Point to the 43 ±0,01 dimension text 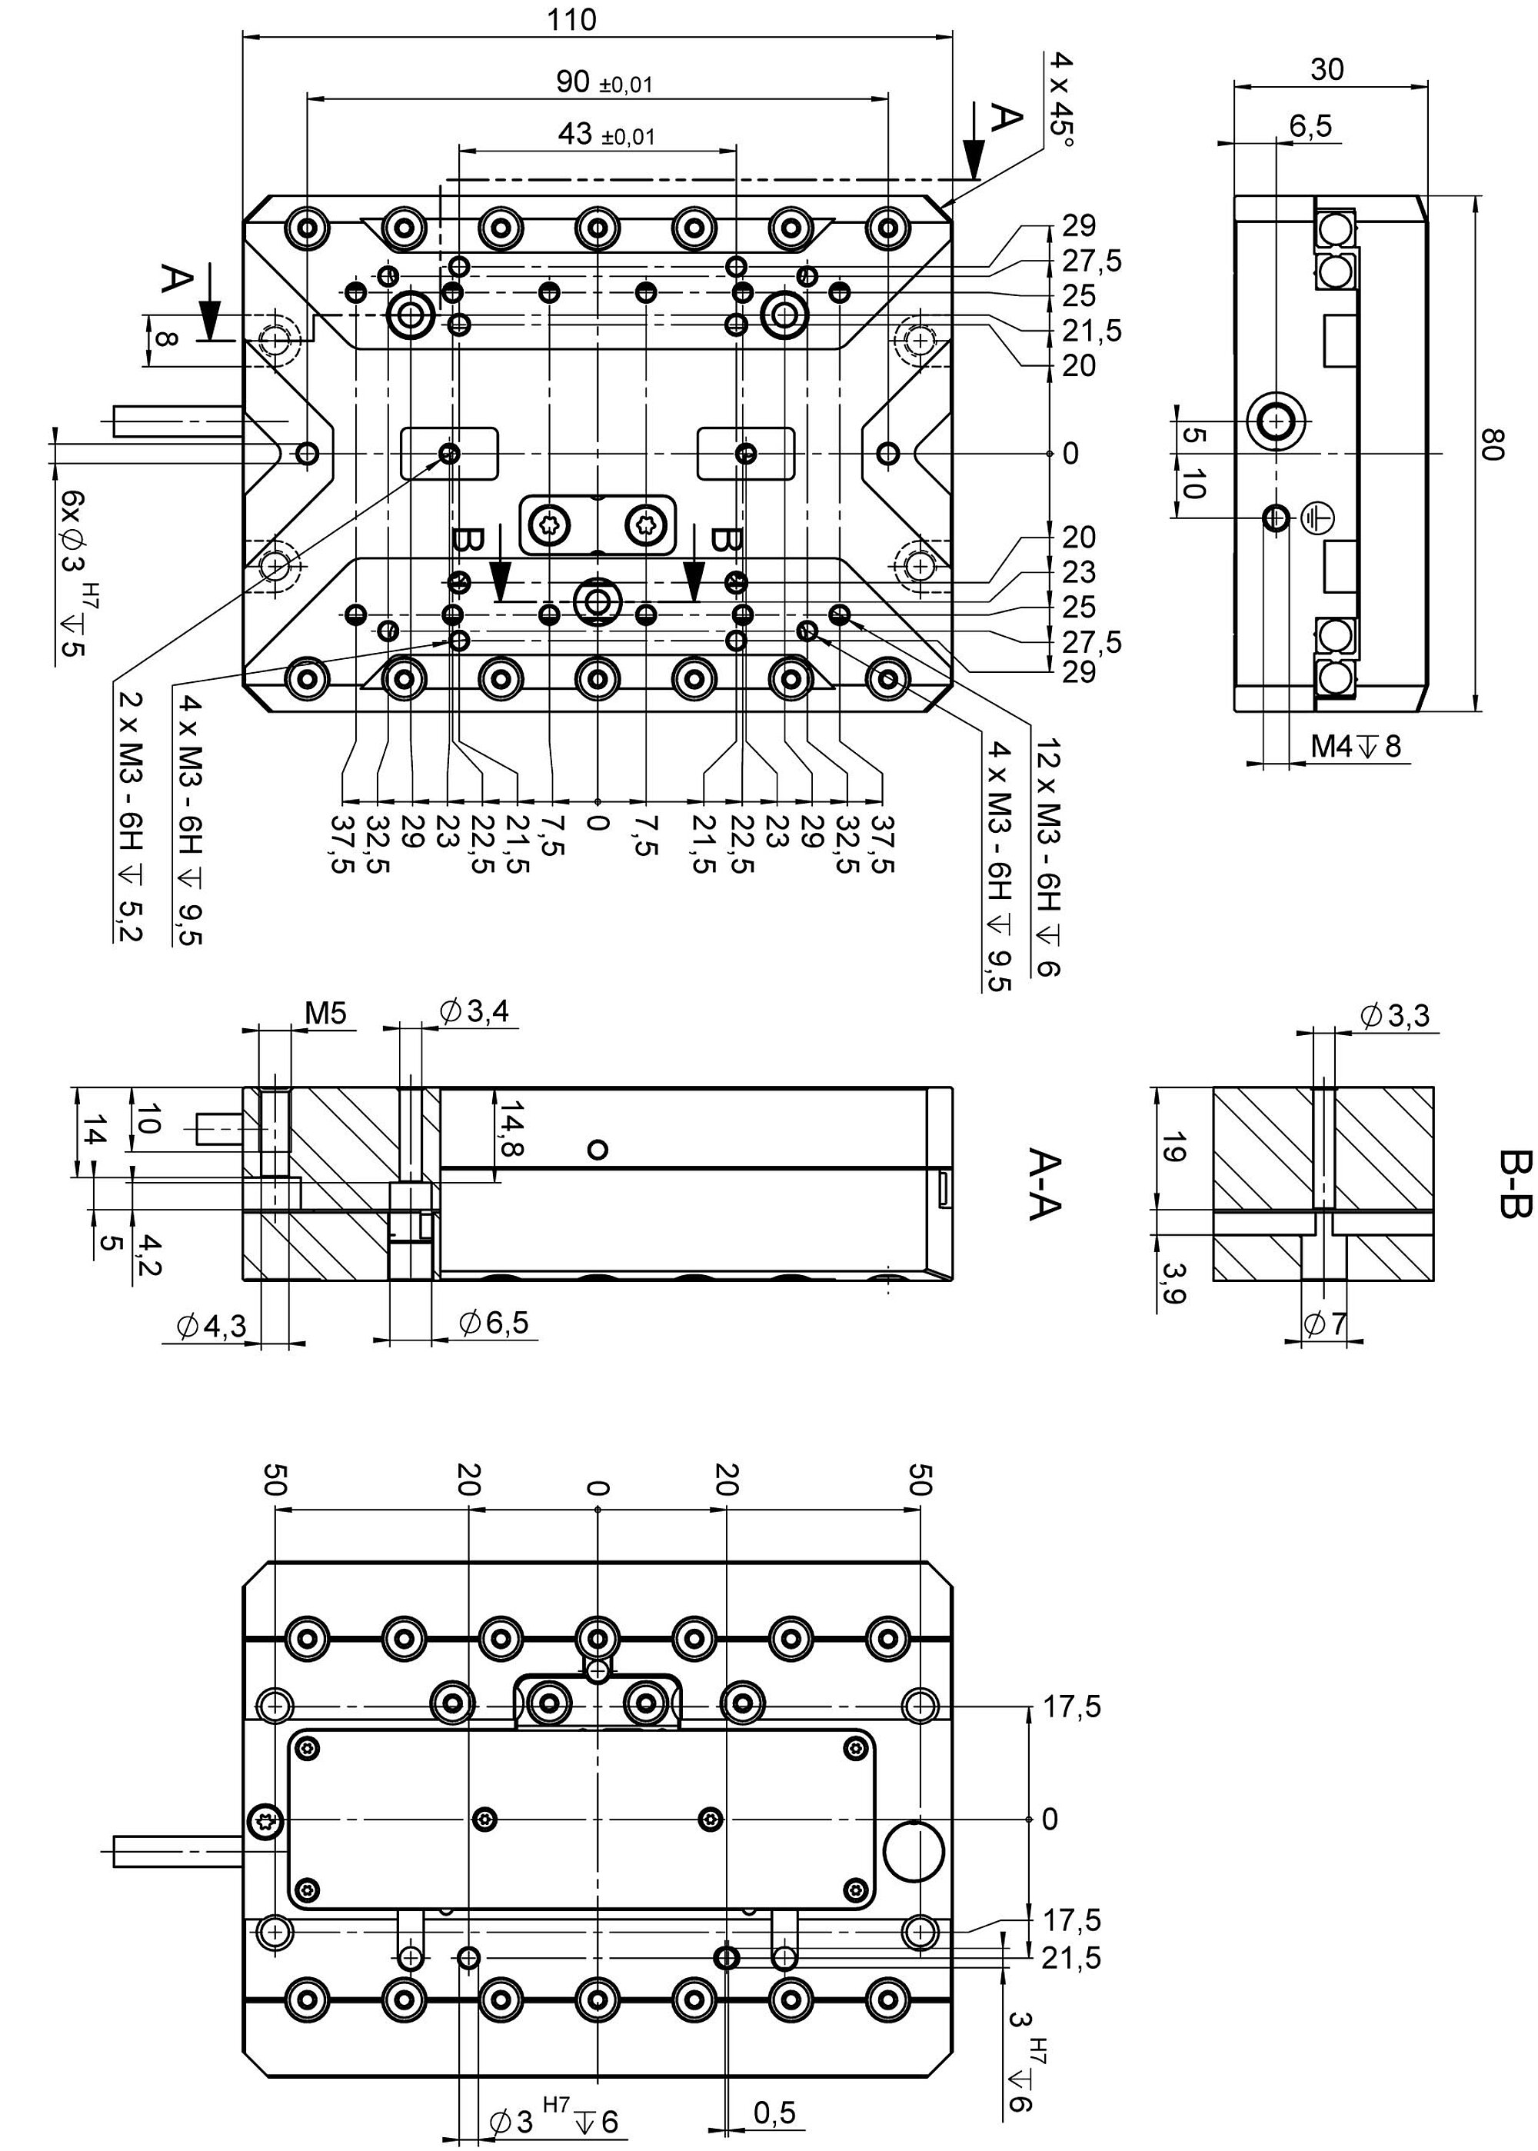pyautogui.click(x=606, y=135)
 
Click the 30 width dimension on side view pyautogui.click(x=1327, y=69)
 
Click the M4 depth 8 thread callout pyautogui.click(x=1355, y=747)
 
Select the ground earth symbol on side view pyautogui.click(x=1317, y=517)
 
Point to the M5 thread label pyautogui.click(x=326, y=1014)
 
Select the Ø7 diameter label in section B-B pyautogui.click(x=1325, y=1324)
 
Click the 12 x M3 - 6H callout pyautogui.click(x=1050, y=858)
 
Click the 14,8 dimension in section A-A pyautogui.click(x=512, y=1127)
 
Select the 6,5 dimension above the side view pyautogui.click(x=1310, y=125)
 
